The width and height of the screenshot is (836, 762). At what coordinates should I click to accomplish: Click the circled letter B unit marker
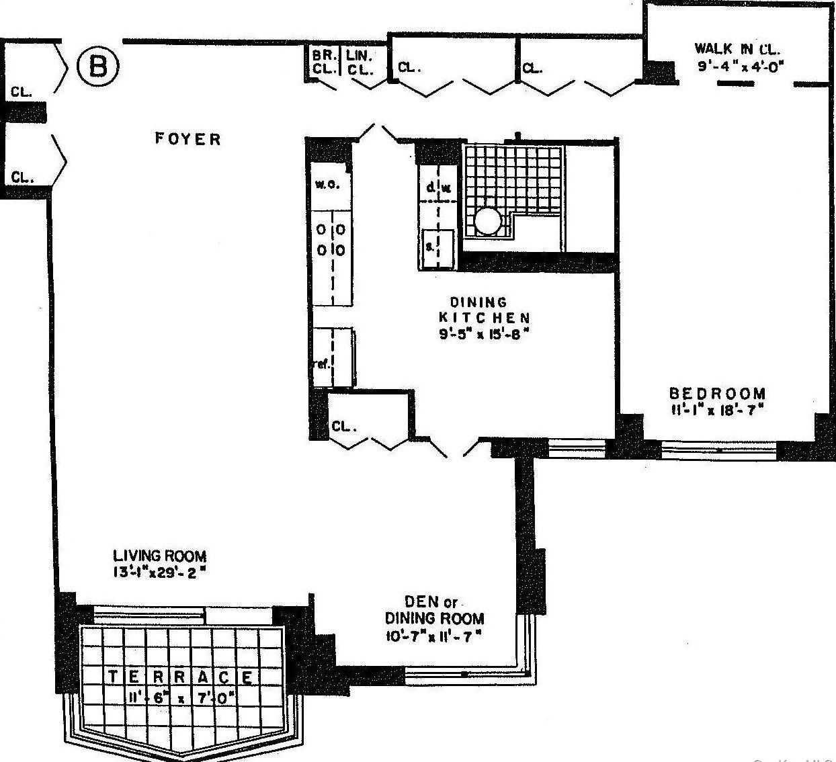(98, 66)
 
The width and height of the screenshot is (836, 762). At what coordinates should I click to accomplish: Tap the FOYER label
(187, 139)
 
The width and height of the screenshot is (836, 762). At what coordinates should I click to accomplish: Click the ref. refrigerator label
(322, 364)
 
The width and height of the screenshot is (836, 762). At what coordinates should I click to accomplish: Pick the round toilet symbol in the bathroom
(488, 220)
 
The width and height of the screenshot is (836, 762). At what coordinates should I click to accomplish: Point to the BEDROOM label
(717, 394)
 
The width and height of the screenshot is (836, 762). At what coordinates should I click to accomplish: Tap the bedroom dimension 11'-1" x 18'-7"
(717, 410)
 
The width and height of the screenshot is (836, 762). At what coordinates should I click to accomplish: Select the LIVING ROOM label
(159, 556)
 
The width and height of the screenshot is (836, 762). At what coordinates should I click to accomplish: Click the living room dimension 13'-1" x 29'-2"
(159, 573)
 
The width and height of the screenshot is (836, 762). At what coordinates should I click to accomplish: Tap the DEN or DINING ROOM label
(434, 609)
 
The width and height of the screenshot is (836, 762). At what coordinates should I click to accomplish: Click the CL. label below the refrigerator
(343, 427)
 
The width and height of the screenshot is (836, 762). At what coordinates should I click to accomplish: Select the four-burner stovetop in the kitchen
(331, 240)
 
